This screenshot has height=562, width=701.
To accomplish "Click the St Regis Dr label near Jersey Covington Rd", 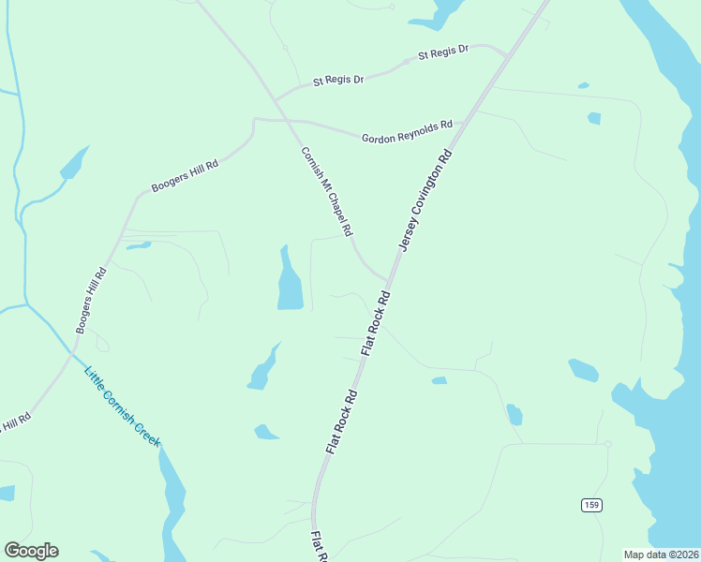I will (x=442, y=53).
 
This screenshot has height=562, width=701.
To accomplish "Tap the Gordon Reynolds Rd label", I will (x=407, y=131).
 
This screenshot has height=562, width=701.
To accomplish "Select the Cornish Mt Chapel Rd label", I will (x=326, y=191).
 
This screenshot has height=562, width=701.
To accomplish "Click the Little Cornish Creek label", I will (x=123, y=405).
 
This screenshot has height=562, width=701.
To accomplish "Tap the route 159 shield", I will (x=590, y=505).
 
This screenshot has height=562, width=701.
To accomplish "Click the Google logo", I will (x=31, y=551).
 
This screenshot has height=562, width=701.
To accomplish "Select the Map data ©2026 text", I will (x=661, y=555).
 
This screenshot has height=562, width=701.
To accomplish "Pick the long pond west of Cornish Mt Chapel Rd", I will (x=289, y=281).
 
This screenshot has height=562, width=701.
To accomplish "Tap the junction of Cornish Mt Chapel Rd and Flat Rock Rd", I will (x=387, y=279).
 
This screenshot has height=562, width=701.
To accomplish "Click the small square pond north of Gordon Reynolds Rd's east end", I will (x=593, y=118).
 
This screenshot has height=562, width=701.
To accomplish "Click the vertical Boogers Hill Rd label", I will (x=93, y=300).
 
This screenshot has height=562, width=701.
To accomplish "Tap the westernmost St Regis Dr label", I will (x=338, y=81).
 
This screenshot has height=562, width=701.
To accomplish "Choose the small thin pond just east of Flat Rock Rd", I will (x=439, y=380).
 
